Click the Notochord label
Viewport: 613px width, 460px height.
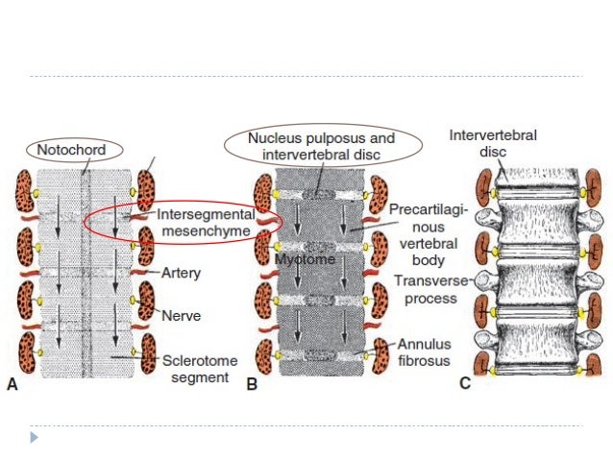pyautogui.click(x=71, y=150)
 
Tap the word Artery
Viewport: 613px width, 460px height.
pyautogui.click(x=181, y=274)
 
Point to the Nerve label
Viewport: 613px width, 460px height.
pyautogui.click(x=180, y=314)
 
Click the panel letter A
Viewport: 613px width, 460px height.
pyautogui.click(x=12, y=385)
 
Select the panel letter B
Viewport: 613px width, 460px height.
pyautogui.click(x=252, y=385)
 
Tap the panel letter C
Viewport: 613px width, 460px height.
pyautogui.click(x=464, y=385)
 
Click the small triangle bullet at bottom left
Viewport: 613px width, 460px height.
pyautogui.click(x=35, y=437)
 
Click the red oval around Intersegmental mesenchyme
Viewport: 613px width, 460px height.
pyautogui.click(x=87, y=223)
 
